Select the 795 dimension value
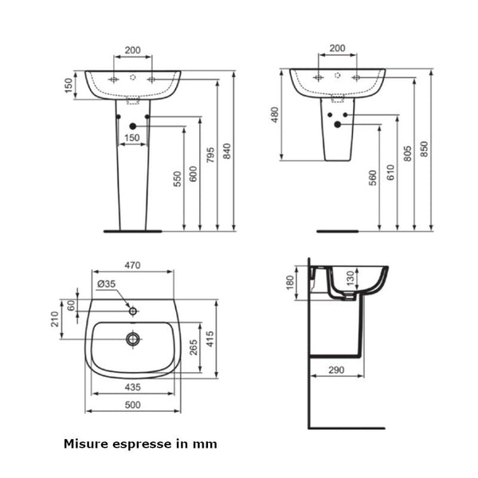pyautogui.click(x=210, y=155)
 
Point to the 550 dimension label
pyautogui.click(x=177, y=179)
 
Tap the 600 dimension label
pyautogui.click(x=193, y=175)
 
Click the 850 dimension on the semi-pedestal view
pyautogui.click(x=425, y=148)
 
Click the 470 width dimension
pyautogui.click(x=132, y=265)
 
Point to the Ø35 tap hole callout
pyautogui.click(x=106, y=284)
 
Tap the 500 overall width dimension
pyautogui.click(x=132, y=405)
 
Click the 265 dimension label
pyautogui.click(x=193, y=347)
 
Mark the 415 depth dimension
pyautogui.click(x=210, y=339)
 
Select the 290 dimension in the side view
pyautogui.click(x=335, y=370)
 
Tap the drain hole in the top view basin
pyautogui.click(x=132, y=339)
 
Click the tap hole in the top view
pyautogui.click(x=132, y=311)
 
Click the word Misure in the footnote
pyautogui.click(x=85, y=444)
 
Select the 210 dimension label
pyautogui.click(x=54, y=319)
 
